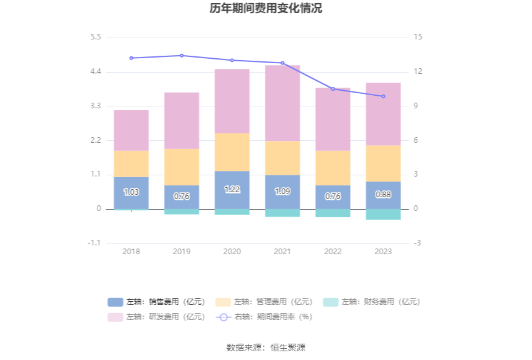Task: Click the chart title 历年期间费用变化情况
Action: (266, 9)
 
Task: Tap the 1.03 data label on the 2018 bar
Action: (131, 192)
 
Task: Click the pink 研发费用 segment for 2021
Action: (282, 103)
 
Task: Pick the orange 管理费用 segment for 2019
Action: (182, 167)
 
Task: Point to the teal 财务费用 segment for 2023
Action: (383, 214)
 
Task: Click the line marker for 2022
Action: (333, 89)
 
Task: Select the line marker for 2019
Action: (182, 56)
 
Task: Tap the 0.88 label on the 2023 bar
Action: (383, 195)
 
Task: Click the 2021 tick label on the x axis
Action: (282, 251)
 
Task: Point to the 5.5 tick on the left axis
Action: (95, 38)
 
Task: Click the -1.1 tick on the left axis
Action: (95, 243)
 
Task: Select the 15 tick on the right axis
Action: (417, 38)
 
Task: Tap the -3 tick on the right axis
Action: (417, 243)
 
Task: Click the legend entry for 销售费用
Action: (156, 302)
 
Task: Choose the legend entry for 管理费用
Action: (263, 302)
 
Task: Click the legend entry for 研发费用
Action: (156, 317)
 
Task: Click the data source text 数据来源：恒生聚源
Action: (266, 347)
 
